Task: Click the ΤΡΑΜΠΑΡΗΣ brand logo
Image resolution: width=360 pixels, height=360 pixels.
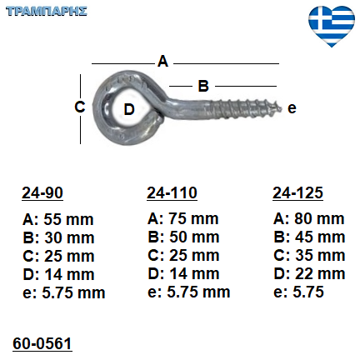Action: (x=47, y=12)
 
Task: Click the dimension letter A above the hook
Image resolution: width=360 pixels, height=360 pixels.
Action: (x=163, y=62)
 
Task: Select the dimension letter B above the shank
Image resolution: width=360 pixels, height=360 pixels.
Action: (x=203, y=86)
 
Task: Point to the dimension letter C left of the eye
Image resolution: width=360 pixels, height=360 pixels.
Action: (x=80, y=107)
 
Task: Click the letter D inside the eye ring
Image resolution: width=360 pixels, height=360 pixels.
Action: (x=129, y=109)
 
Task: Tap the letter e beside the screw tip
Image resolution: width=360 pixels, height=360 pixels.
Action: (x=292, y=108)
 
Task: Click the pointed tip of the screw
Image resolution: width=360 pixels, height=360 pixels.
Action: (x=282, y=108)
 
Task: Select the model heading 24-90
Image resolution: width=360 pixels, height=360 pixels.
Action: (x=42, y=192)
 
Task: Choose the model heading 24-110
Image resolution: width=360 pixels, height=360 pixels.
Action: (x=172, y=192)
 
